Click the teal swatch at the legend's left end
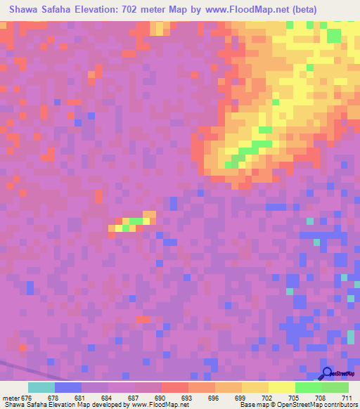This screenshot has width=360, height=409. point(41,387)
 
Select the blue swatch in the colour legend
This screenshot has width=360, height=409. point(68,387)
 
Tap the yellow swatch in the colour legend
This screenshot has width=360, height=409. point(282,387)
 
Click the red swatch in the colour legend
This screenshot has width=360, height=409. point(175,387)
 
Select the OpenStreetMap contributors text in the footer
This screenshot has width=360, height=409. point(313,405)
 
